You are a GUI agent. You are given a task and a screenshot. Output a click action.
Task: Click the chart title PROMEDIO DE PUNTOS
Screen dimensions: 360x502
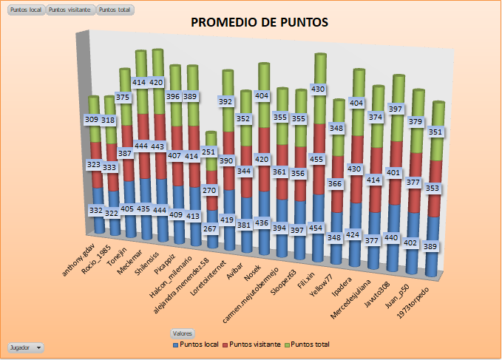click(x=260, y=22)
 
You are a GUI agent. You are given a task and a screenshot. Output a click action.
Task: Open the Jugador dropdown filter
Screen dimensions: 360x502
click(x=25, y=347)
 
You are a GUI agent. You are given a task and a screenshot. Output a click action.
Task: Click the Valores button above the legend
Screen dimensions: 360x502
click(x=181, y=333)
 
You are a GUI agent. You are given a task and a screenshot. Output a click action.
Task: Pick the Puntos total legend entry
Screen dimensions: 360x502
click(x=308, y=344)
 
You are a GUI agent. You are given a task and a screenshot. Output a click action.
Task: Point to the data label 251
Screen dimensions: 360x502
click(x=211, y=152)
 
